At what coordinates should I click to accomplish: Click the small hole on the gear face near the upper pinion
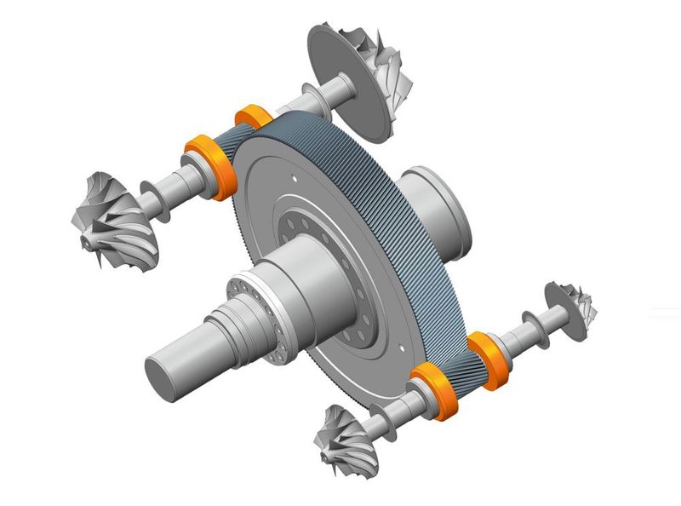click(295, 180)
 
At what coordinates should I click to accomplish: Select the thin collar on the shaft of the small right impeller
click(536, 328)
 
